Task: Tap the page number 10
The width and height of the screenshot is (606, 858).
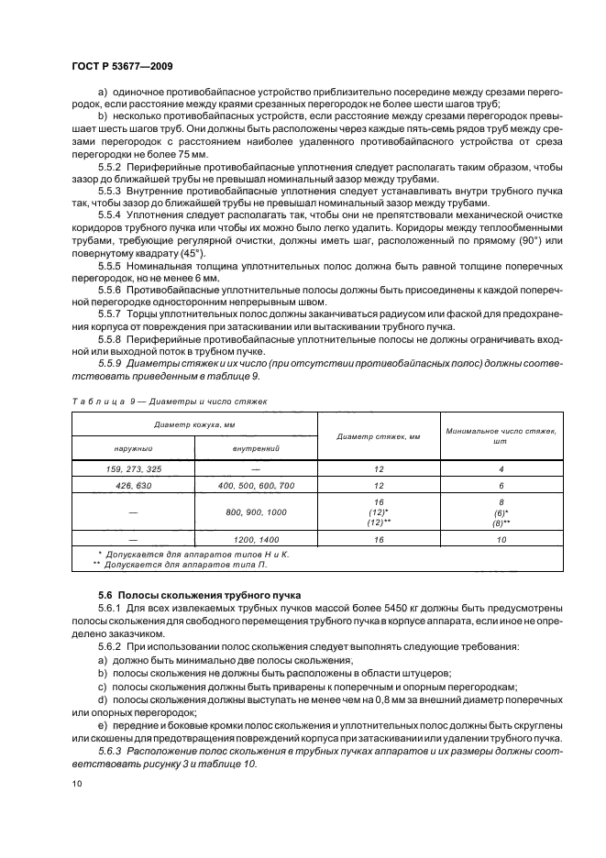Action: [76, 783]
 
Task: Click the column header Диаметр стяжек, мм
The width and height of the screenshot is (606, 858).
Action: [379, 436]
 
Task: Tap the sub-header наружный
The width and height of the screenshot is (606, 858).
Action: [133, 448]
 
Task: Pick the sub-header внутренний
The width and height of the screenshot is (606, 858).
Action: [256, 448]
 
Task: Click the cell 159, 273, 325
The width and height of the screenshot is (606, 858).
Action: [133, 468]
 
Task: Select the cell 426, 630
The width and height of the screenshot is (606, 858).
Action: [133, 484]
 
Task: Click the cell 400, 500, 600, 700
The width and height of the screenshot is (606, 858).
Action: [256, 484]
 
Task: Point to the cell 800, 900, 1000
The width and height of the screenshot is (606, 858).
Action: [256, 511]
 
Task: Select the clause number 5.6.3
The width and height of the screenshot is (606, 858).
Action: [111, 749]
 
